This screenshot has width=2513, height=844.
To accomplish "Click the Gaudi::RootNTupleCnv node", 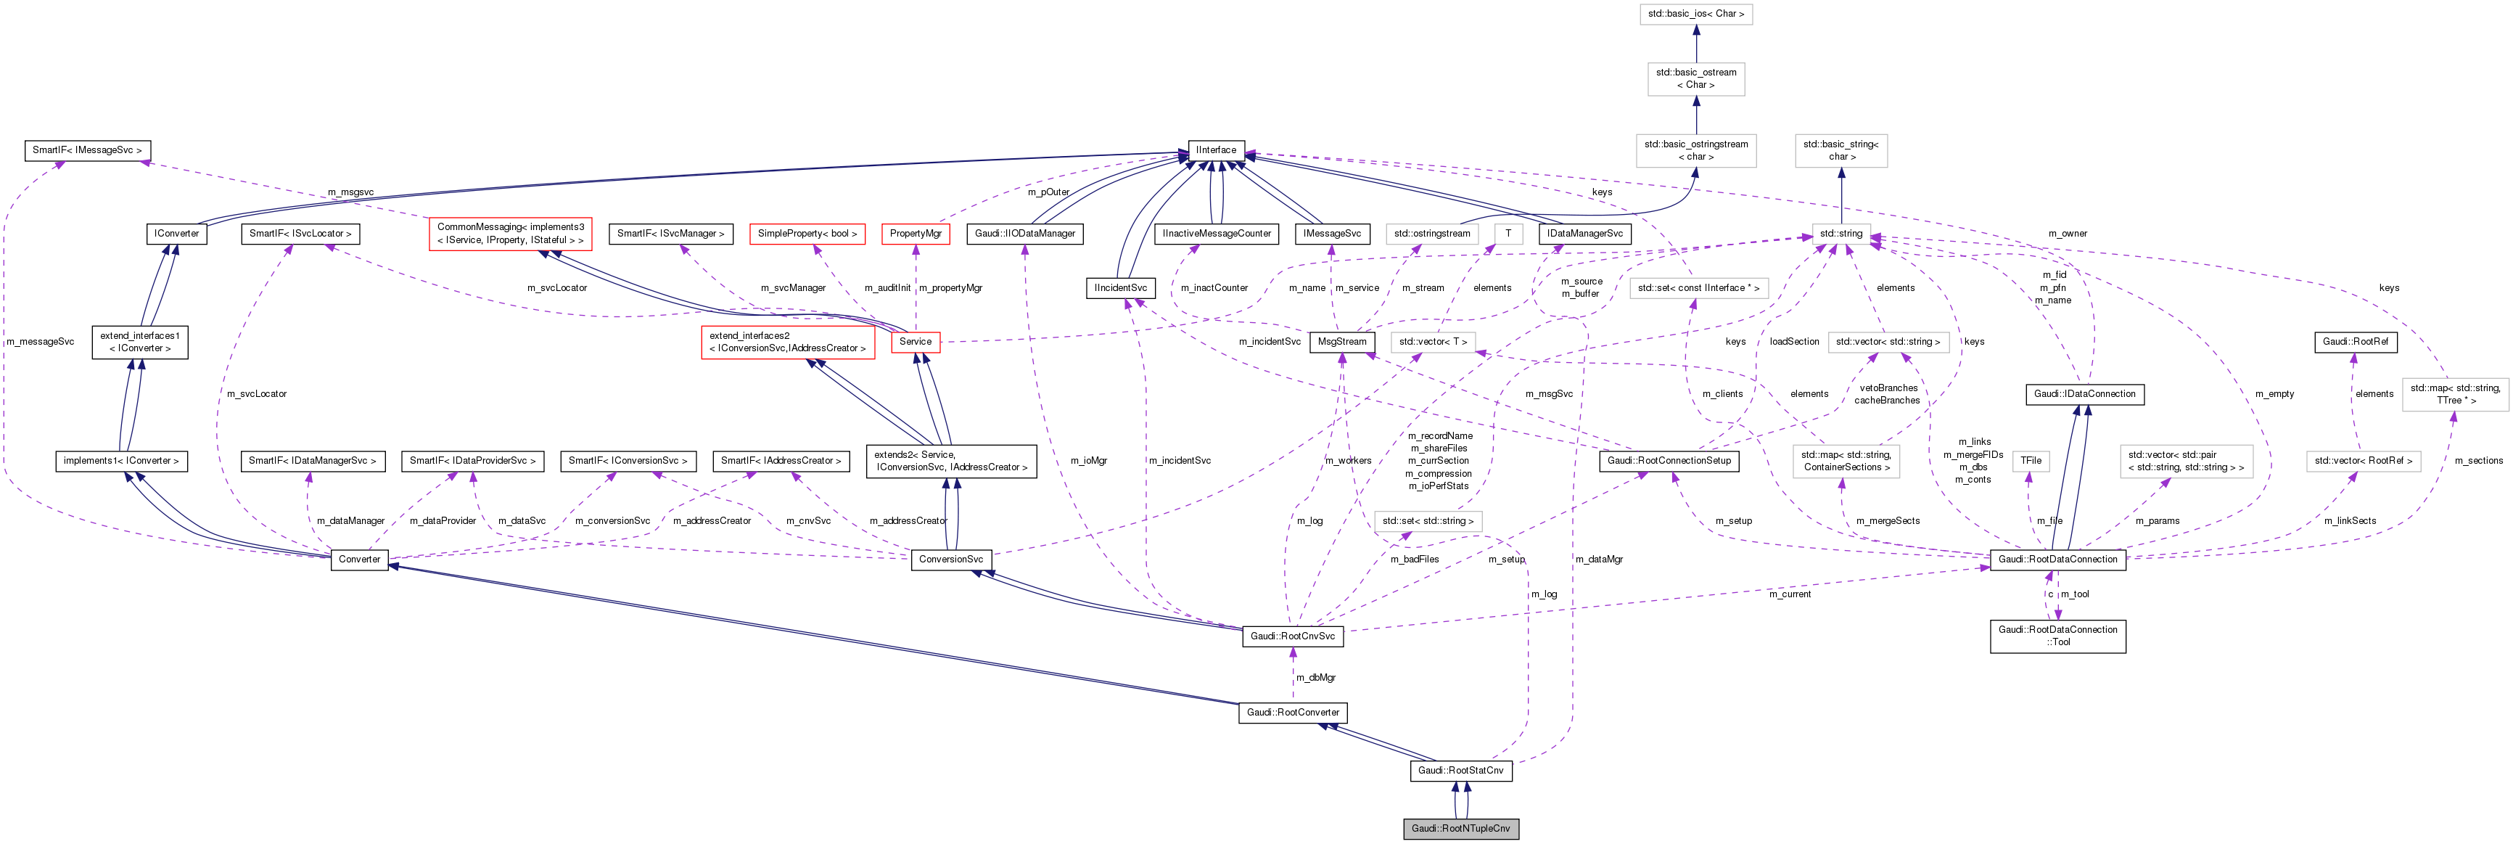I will [1460, 828].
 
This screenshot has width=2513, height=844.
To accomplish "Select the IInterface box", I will [1216, 150].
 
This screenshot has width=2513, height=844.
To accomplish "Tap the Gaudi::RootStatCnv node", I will [1460, 771].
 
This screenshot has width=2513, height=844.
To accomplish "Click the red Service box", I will [915, 342].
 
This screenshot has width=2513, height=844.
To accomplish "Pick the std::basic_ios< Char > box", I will [1695, 14].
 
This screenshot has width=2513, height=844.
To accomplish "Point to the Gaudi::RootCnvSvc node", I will [1293, 636].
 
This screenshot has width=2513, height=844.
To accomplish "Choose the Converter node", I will [359, 559].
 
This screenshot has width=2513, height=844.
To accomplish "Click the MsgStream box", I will [1341, 342].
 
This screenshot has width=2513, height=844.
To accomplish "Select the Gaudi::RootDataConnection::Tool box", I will [2057, 636].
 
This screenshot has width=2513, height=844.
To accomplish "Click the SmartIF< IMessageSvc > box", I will [87, 150].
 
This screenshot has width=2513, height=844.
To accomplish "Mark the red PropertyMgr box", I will [915, 234].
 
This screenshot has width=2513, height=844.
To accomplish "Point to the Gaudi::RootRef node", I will [2355, 342].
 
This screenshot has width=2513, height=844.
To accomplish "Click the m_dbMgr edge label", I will [1315, 677].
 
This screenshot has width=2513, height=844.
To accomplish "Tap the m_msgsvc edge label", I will [350, 192].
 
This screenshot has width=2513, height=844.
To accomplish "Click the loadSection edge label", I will [1794, 342].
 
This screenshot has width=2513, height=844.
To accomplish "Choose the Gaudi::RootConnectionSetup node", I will [1668, 461].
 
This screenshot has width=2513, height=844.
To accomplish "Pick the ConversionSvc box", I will [950, 559].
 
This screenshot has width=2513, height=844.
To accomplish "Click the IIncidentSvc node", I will [1120, 288].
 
